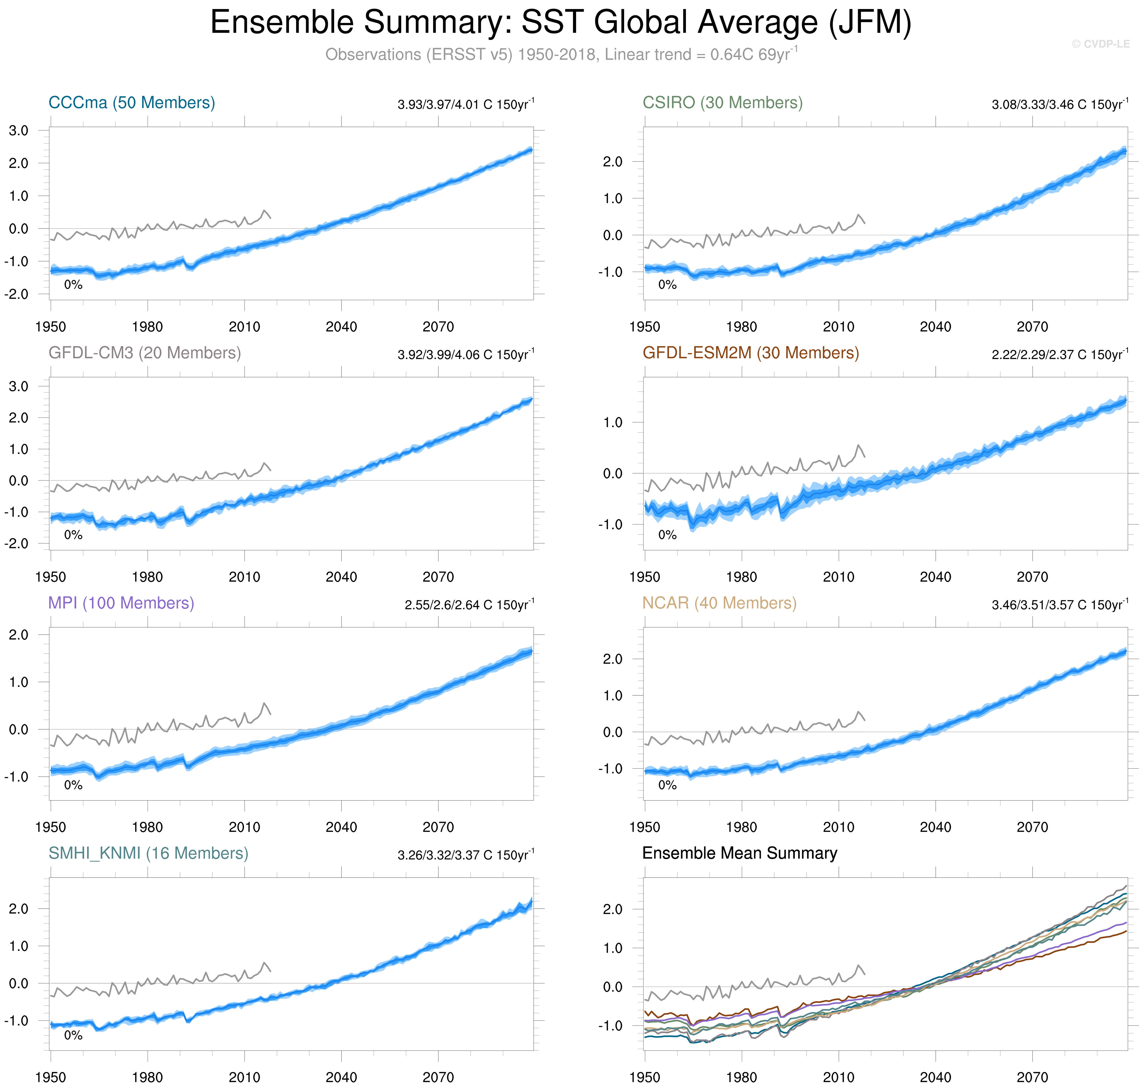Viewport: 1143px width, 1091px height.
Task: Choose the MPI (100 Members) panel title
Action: coord(121,603)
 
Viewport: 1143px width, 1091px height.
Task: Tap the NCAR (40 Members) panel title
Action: coord(719,603)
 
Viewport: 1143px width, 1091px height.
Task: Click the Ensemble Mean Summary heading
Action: coord(739,853)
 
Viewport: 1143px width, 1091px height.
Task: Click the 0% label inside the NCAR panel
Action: coord(667,785)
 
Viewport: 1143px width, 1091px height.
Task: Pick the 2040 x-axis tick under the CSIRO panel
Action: coord(935,327)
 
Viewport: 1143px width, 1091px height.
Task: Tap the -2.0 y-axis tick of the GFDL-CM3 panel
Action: coord(16,544)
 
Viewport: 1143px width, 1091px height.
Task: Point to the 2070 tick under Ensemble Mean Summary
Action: coord(1032,1077)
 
